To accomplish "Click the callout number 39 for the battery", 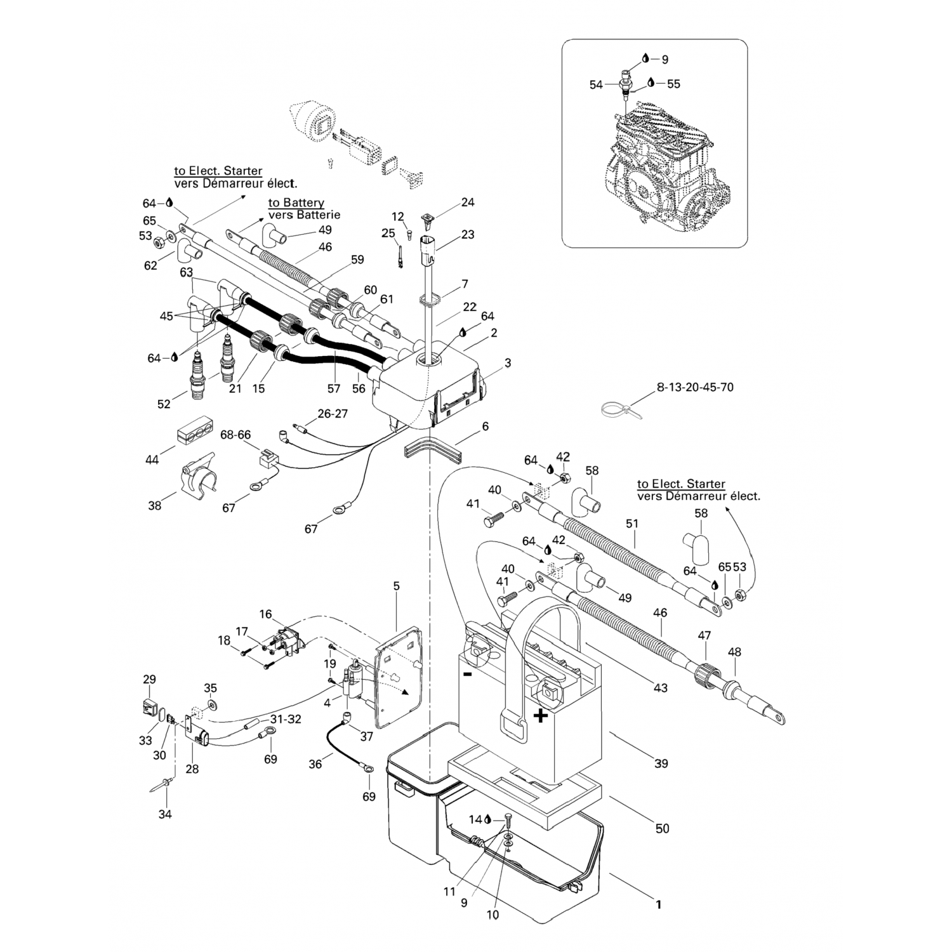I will click(661, 764).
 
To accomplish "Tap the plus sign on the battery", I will click(540, 717).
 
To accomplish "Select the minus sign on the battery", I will click(467, 674).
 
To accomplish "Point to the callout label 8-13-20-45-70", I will click(695, 387).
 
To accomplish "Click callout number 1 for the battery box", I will click(658, 904).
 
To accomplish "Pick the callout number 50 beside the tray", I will click(662, 828).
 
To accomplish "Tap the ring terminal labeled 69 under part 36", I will click(367, 769).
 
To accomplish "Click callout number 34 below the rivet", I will click(165, 814).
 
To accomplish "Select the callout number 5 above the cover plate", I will click(397, 586).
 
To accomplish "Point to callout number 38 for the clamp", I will click(155, 506).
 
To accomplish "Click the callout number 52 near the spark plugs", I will click(164, 404).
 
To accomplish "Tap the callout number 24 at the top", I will click(468, 202).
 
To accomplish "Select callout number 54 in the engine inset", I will click(595, 84).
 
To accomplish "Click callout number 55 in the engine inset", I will click(673, 84).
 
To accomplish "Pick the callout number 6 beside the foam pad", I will click(486, 426).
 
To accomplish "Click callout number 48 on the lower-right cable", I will click(735, 652).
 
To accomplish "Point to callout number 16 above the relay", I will click(265, 614).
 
